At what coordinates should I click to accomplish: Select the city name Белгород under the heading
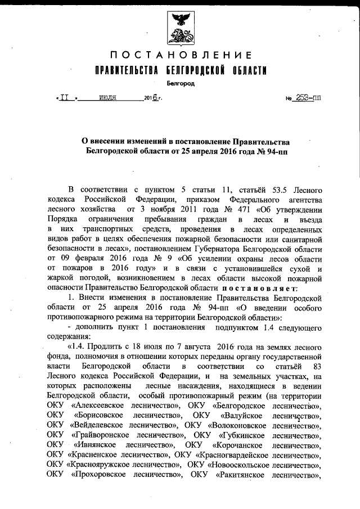point(180,83)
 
